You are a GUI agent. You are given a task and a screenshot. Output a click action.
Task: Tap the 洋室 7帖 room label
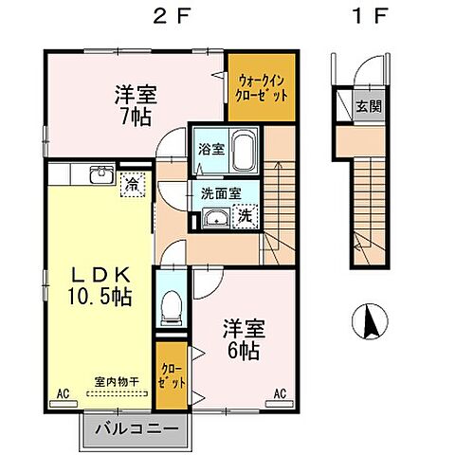click(134, 103)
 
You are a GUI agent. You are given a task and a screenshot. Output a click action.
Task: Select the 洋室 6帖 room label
click(244, 337)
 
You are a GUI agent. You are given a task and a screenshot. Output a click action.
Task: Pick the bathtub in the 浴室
click(243, 150)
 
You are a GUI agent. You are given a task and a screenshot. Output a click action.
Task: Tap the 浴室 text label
click(209, 149)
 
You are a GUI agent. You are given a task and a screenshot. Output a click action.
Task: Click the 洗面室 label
click(220, 193)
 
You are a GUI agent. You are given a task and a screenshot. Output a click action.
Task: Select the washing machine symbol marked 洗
click(244, 216)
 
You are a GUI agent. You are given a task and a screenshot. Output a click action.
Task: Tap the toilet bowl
click(172, 305)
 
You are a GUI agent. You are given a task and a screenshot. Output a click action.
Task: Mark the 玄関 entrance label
click(368, 105)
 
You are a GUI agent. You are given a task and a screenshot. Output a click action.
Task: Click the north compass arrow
click(371, 322)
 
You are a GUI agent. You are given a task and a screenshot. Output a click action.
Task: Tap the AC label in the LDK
click(64, 392)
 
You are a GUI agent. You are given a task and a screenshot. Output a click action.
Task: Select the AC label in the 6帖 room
click(282, 392)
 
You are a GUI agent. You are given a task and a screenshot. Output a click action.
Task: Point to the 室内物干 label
click(118, 381)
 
